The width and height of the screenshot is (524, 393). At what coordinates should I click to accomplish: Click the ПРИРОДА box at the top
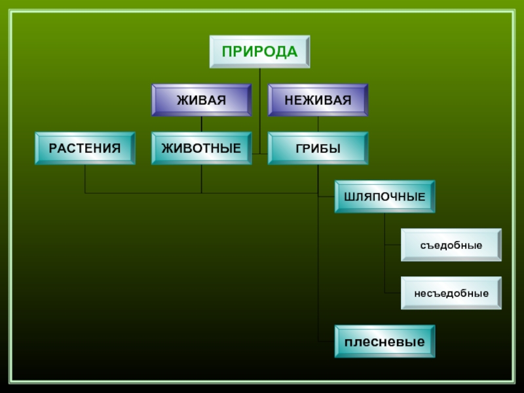pyautogui.click(x=259, y=52)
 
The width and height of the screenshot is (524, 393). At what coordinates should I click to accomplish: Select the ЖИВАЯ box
pyautogui.click(x=201, y=100)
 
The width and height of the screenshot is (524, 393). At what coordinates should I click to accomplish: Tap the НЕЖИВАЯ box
pyautogui.click(x=318, y=100)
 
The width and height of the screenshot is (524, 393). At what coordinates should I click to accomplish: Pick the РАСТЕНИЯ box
pyautogui.click(x=84, y=148)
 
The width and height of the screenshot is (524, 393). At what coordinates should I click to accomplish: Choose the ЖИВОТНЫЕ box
pyautogui.click(x=201, y=148)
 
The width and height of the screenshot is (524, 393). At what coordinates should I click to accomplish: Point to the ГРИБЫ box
pyautogui.click(x=318, y=148)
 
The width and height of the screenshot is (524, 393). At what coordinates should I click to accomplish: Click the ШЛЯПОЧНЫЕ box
pyautogui.click(x=384, y=196)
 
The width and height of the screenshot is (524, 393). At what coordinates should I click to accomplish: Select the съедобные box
pyautogui.click(x=451, y=245)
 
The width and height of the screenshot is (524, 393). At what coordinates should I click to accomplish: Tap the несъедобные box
pyautogui.click(x=451, y=293)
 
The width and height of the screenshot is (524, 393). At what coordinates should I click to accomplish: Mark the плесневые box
pyautogui.click(x=384, y=341)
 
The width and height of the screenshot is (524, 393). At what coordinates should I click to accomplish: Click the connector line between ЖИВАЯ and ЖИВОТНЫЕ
pyautogui.click(x=201, y=124)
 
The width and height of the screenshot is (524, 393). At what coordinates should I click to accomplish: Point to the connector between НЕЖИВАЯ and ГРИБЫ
pyautogui.click(x=318, y=124)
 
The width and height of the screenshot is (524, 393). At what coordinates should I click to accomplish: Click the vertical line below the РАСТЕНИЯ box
pyautogui.click(x=84, y=178)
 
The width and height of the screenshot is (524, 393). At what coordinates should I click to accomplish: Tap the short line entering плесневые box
pyautogui.click(x=326, y=341)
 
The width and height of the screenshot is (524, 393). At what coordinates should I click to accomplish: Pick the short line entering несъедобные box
pyautogui.click(x=393, y=293)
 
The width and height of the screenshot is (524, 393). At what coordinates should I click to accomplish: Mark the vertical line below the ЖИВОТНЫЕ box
pyautogui.click(x=201, y=178)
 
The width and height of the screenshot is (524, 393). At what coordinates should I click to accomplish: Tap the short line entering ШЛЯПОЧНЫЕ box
pyautogui.click(x=326, y=196)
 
